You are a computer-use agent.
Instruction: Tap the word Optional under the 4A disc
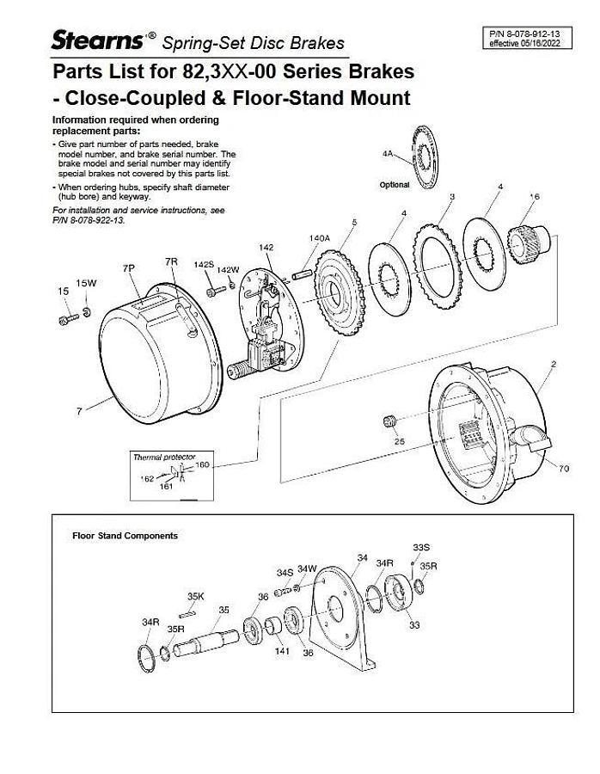point(395,185)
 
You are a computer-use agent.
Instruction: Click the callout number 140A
point(319,238)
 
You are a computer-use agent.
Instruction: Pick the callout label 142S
point(203,264)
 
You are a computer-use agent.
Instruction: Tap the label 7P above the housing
point(129,269)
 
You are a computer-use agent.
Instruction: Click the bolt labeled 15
point(67,320)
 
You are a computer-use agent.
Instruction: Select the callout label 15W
point(86,283)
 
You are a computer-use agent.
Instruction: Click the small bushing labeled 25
point(388,420)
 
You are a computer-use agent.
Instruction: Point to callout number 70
point(564,469)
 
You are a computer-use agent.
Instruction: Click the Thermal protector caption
point(163,457)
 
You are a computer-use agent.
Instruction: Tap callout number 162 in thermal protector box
point(147,478)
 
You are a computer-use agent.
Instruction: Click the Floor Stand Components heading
point(125,536)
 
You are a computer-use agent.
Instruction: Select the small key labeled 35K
point(190,614)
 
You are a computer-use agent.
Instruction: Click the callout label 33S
point(420,547)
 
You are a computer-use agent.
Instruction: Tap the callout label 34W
point(307,569)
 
